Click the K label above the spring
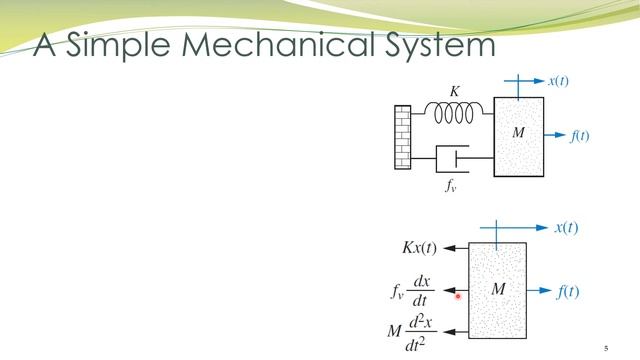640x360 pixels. [x=455, y=91]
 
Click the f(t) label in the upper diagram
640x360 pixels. [x=580, y=136]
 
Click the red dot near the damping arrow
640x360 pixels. [x=458, y=295]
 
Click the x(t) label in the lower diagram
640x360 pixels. [x=567, y=228]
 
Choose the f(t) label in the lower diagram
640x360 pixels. [x=568, y=292]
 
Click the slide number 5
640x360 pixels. [x=605, y=348]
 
